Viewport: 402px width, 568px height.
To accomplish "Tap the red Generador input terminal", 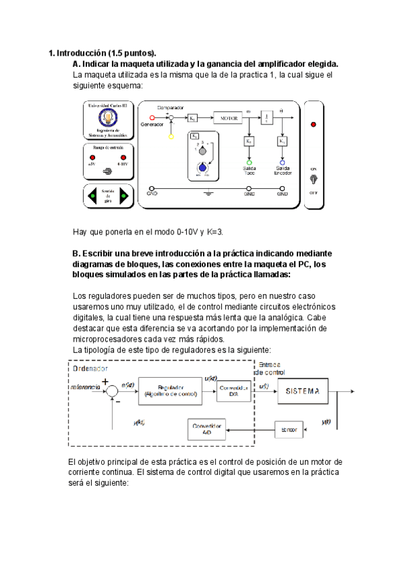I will point(151,117).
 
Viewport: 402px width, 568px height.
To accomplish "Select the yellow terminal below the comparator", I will point(172,136).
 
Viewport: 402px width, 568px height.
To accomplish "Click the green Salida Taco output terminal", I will point(249,162).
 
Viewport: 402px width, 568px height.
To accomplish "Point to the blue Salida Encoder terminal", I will point(282,162).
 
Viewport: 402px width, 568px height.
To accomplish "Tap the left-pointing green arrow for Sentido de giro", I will point(93,196).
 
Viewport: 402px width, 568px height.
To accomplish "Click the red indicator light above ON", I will point(313,125).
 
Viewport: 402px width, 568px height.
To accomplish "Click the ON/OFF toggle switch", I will point(313,180).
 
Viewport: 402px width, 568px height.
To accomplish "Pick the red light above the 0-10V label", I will point(123,157).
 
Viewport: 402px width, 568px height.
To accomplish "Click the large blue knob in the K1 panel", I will point(201,168).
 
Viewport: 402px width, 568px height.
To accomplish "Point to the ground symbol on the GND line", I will point(209,194).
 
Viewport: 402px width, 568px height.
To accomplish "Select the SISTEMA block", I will point(300,391).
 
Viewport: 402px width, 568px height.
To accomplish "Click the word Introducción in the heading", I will point(82,53).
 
